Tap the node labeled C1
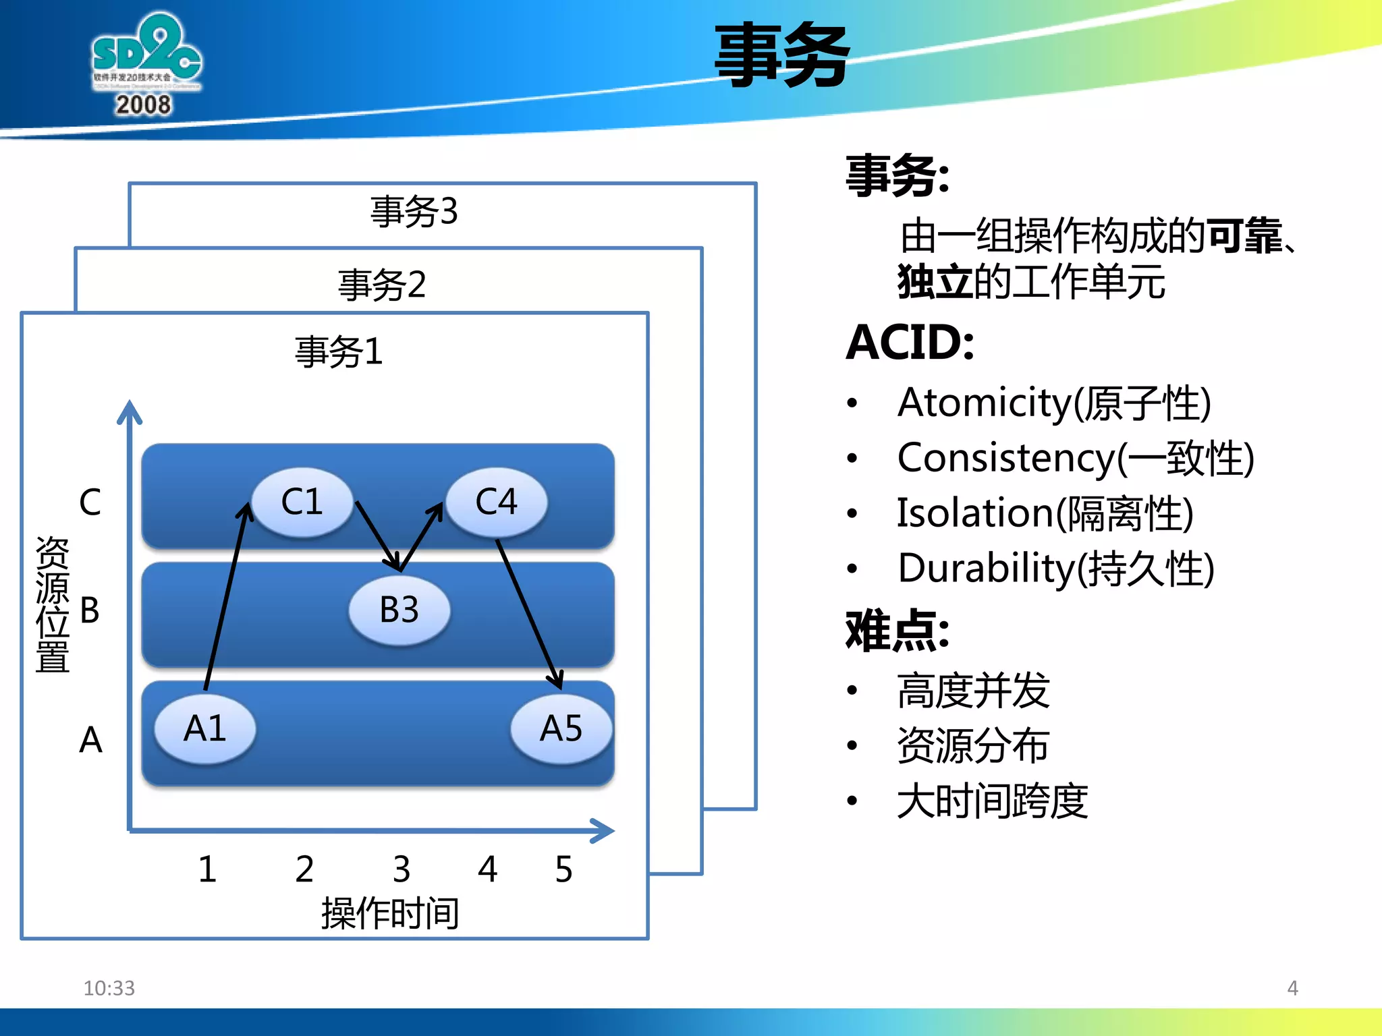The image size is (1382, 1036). [x=302, y=502]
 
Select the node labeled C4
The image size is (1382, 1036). [x=497, y=502]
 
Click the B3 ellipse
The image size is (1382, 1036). [x=399, y=610]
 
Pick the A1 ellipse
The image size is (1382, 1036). [x=205, y=728]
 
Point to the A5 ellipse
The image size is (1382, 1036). [x=561, y=728]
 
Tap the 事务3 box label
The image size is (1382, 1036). [x=414, y=211]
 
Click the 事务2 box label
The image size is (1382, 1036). [x=382, y=284]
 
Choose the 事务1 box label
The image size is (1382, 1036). [x=339, y=351]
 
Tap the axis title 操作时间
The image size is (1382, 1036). [x=390, y=913]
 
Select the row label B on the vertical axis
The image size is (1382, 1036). [x=90, y=610]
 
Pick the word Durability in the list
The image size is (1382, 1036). [x=985, y=568]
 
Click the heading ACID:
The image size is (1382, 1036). [x=910, y=343]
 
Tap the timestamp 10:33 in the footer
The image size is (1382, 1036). [x=109, y=988]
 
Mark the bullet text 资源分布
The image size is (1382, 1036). [x=972, y=746]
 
